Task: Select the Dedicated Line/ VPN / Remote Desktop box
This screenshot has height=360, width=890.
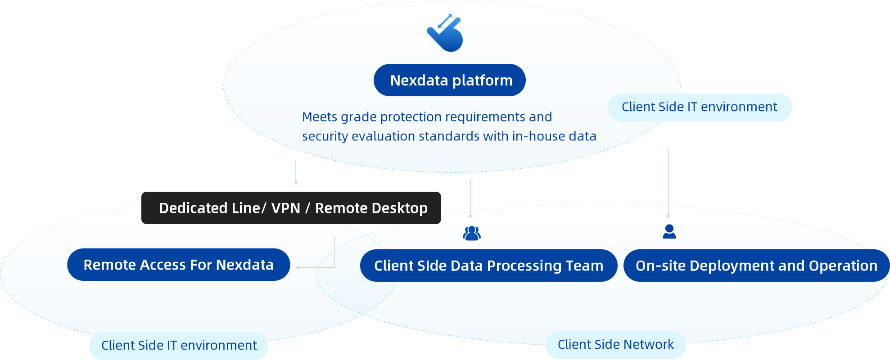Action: (291, 208)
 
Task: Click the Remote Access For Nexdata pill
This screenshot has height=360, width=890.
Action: (178, 265)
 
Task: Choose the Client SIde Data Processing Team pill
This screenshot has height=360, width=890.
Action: (488, 265)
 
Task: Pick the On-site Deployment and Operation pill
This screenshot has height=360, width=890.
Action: (756, 265)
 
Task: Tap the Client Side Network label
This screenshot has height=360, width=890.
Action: (615, 345)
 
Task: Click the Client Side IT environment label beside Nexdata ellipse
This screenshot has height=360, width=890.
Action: (699, 107)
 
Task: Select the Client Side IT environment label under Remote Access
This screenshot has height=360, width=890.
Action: (179, 346)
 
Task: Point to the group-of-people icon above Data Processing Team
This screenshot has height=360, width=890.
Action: (471, 233)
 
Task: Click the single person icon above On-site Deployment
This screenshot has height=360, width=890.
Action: (669, 232)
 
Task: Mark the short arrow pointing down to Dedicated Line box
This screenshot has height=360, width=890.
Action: (296, 173)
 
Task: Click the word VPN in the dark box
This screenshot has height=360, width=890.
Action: (285, 208)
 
